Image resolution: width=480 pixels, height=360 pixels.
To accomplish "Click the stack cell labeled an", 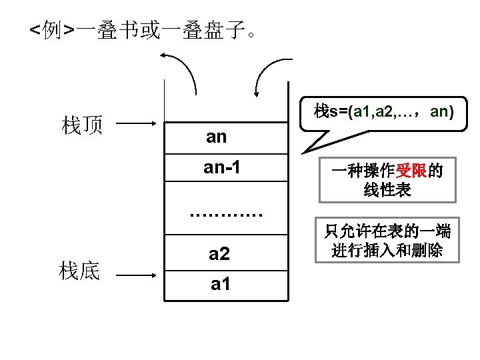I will point(225,137).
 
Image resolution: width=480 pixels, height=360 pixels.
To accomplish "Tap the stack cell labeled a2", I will point(225,253).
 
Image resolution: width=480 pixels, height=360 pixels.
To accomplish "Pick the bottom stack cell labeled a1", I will point(225,285).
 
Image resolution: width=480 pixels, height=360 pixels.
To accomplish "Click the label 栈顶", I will point(81,125).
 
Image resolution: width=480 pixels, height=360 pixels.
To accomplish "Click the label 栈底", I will point(80,272).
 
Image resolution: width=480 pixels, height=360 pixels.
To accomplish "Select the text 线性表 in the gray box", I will point(387,190).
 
